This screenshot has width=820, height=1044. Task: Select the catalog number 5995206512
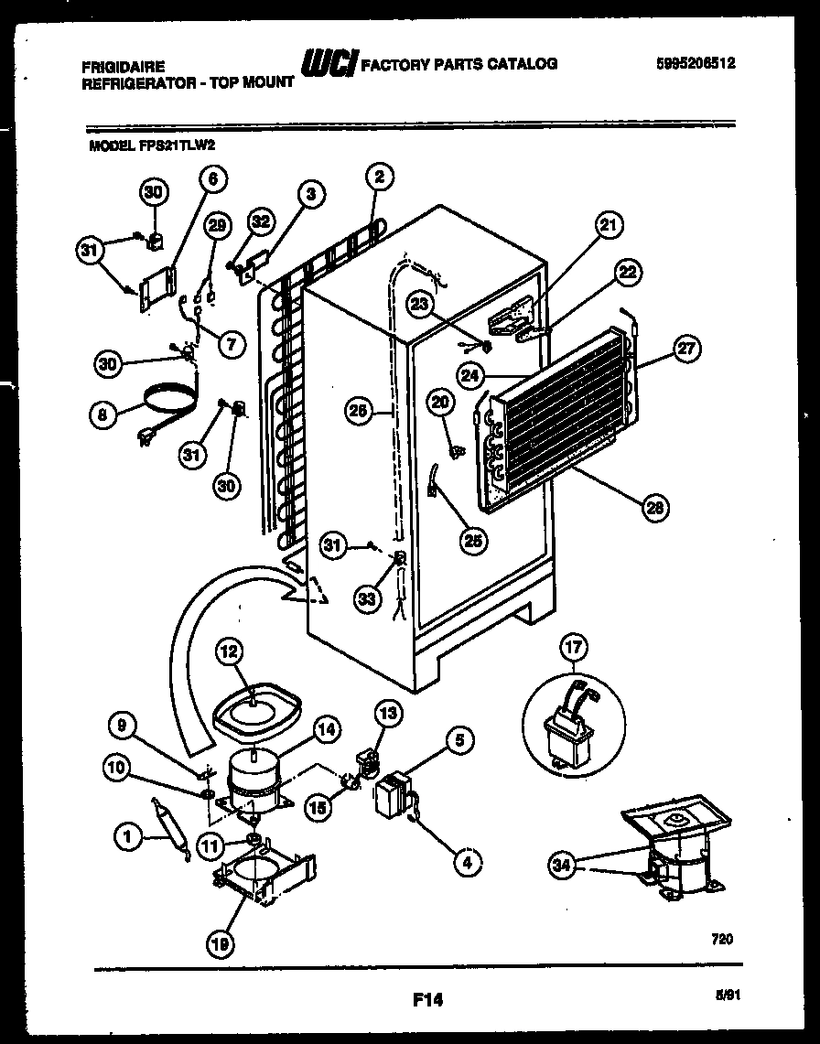click(696, 63)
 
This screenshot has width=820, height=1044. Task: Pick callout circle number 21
click(608, 224)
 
